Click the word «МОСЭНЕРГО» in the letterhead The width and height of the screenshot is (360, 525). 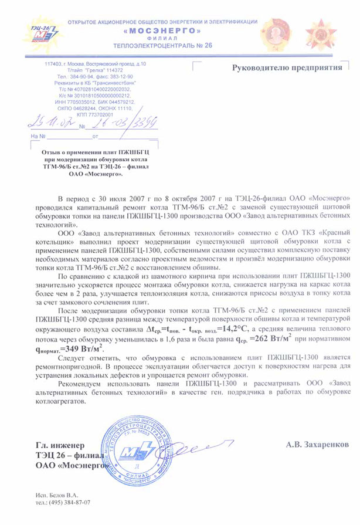point(164,29)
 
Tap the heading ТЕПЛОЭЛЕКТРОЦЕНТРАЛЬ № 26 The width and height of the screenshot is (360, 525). point(164,45)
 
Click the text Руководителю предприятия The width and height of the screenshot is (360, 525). point(287,67)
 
